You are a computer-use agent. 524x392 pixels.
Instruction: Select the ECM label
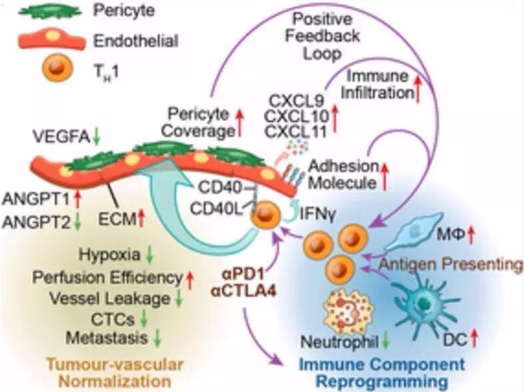(x=118, y=218)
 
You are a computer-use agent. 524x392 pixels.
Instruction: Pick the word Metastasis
(x=106, y=338)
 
